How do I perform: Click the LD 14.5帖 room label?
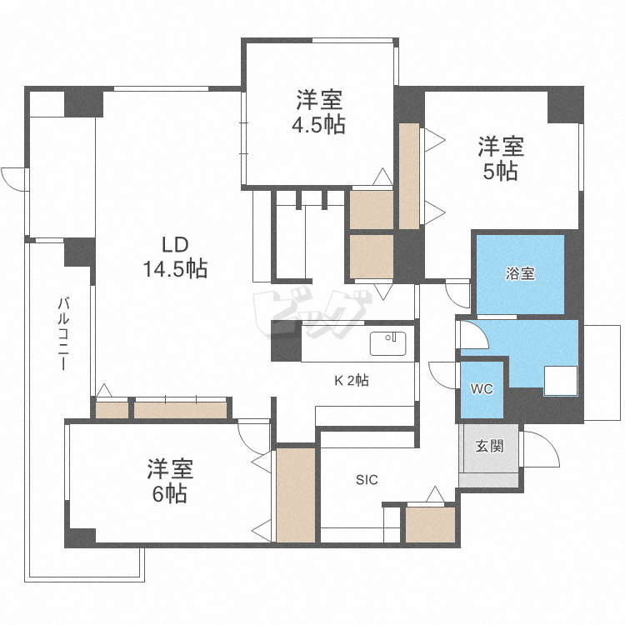174,257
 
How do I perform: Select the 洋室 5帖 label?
500,159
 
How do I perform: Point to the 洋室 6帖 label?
170,481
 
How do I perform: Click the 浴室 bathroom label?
521,273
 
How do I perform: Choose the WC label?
482,389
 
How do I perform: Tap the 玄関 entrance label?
489,446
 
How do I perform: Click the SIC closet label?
367,480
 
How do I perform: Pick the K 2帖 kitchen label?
352,381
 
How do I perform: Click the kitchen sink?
387,342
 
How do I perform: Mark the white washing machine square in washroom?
561,381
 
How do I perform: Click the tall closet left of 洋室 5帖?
409,175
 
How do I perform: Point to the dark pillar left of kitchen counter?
286,341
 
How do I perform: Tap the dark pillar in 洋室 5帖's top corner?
563,105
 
